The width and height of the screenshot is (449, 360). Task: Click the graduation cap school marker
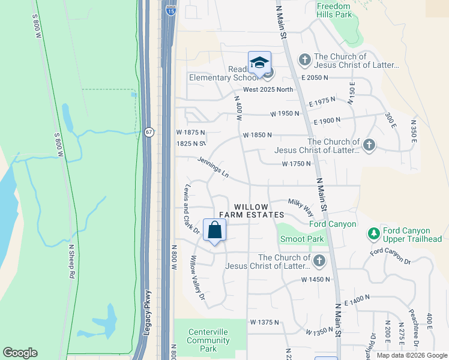260,63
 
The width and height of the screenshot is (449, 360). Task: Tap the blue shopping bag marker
215,230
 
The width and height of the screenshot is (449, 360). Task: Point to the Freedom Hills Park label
334,10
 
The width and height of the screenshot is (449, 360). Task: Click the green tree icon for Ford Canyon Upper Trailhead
373,232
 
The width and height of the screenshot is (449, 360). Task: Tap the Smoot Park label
302,239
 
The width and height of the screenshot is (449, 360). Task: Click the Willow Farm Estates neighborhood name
251,211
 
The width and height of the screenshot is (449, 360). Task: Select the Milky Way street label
301,208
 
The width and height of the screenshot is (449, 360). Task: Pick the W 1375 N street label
265,322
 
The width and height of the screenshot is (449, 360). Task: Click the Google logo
20,353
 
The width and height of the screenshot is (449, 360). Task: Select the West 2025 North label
268,89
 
